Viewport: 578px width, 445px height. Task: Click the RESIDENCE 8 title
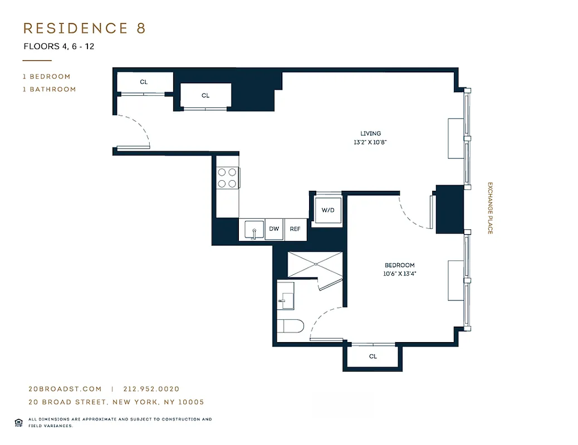(84, 28)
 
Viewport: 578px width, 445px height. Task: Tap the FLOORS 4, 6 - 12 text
(58, 47)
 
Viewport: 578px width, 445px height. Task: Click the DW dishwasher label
(274, 229)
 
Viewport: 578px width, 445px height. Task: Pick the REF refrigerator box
(295, 229)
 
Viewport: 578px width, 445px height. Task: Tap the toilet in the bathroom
(290, 326)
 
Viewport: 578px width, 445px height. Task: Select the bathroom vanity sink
(286, 295)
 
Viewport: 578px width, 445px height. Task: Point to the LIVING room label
(370, 133)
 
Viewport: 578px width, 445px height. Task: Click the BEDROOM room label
(399, 265)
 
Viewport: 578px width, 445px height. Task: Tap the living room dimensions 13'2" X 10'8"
(370, 142)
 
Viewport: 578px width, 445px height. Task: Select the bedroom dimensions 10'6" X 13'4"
(399, 274)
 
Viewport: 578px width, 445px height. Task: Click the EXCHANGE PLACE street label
(490, 208)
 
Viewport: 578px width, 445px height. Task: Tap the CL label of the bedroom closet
(373, 357)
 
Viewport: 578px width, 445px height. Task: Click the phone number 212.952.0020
(151, 389)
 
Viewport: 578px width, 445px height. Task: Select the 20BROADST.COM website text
(65, 389)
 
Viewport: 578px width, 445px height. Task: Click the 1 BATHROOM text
(49, 89)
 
